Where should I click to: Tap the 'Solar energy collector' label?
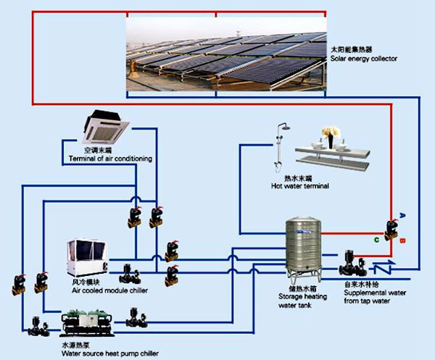click(362, 59)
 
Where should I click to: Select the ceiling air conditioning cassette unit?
click(106, 127)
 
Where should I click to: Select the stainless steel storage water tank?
click(303, 246)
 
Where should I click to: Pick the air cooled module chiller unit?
click(88, 258)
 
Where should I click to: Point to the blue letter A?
click(402, 215)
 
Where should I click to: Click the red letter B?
click(402, 240)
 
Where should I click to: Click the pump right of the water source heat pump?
click(134, 317)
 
